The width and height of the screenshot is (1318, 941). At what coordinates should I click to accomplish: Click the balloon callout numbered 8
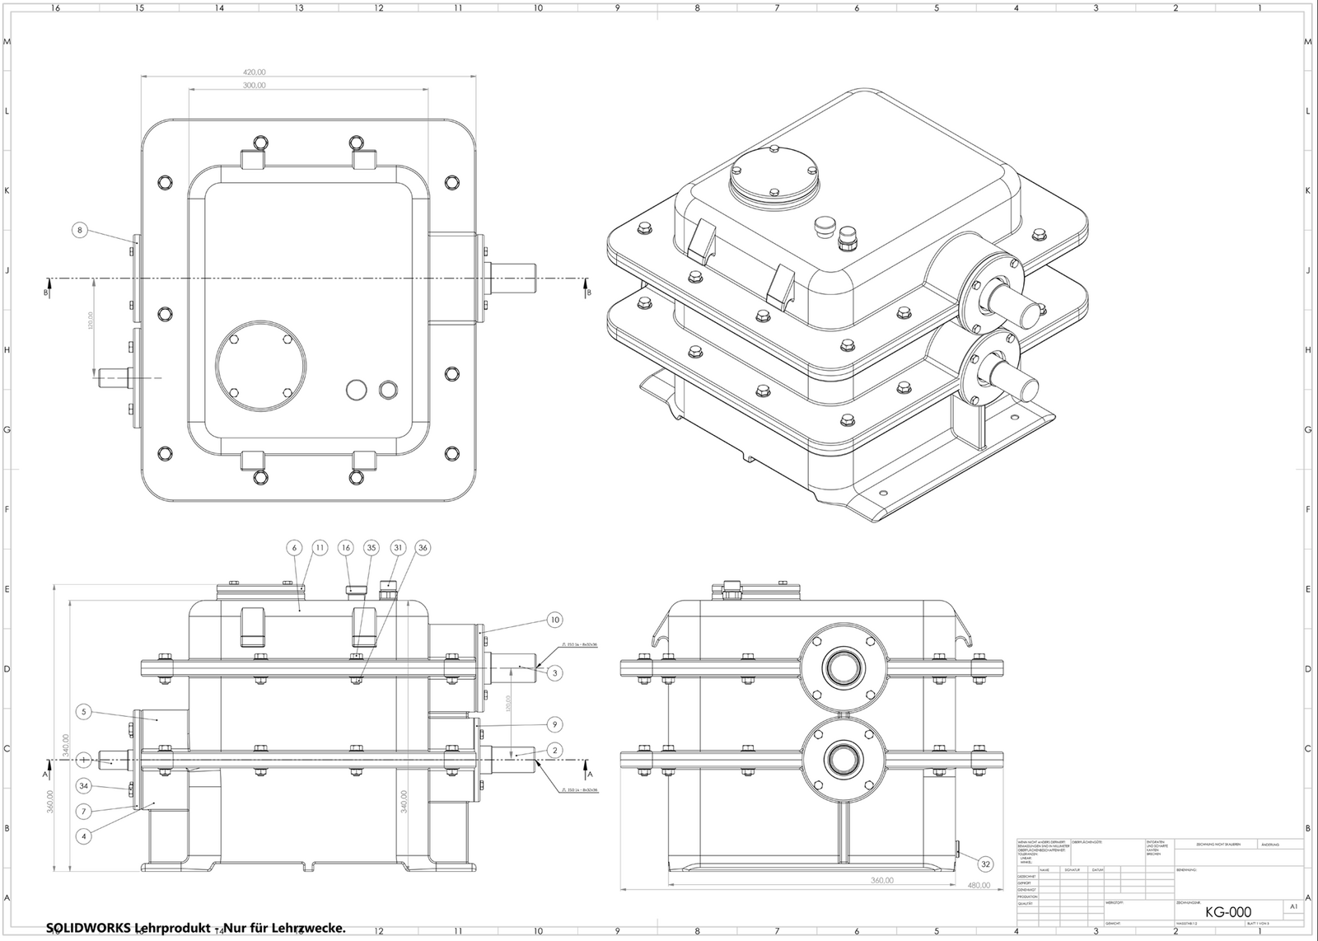pos(80,231)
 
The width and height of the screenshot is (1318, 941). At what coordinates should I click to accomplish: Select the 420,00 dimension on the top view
pos(255,73)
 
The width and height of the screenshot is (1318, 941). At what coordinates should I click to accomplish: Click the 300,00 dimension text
pos(255,86)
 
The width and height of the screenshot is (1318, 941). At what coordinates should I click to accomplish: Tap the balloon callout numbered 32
pos(985,864)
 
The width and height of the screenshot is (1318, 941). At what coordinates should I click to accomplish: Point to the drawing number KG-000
pos(1227,911)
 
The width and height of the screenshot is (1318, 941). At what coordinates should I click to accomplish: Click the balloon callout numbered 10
pos(554,620)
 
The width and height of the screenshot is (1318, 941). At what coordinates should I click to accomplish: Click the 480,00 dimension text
pos(978,887)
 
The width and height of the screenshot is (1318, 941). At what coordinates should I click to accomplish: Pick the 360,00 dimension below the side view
pos(882,880)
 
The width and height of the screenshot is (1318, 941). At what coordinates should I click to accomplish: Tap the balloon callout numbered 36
pos(423,547)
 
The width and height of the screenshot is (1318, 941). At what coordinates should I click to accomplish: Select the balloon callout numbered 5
pos(84,712)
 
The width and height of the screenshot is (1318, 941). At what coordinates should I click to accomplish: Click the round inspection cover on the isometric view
pos(775,177)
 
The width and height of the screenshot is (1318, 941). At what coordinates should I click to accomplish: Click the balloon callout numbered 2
pos(555,750)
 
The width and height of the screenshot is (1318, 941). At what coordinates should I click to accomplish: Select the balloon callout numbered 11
pos(320,547)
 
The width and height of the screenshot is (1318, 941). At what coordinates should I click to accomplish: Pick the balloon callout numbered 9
pos(554,724)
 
